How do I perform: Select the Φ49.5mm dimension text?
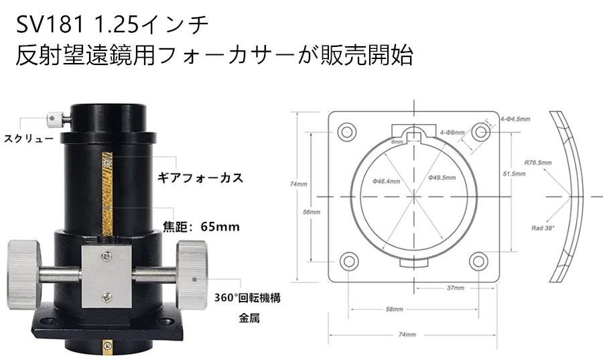point(441,178)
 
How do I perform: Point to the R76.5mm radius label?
point(539,162)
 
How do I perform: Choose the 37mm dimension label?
point(455,288)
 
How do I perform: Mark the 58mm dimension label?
point(395,310)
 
